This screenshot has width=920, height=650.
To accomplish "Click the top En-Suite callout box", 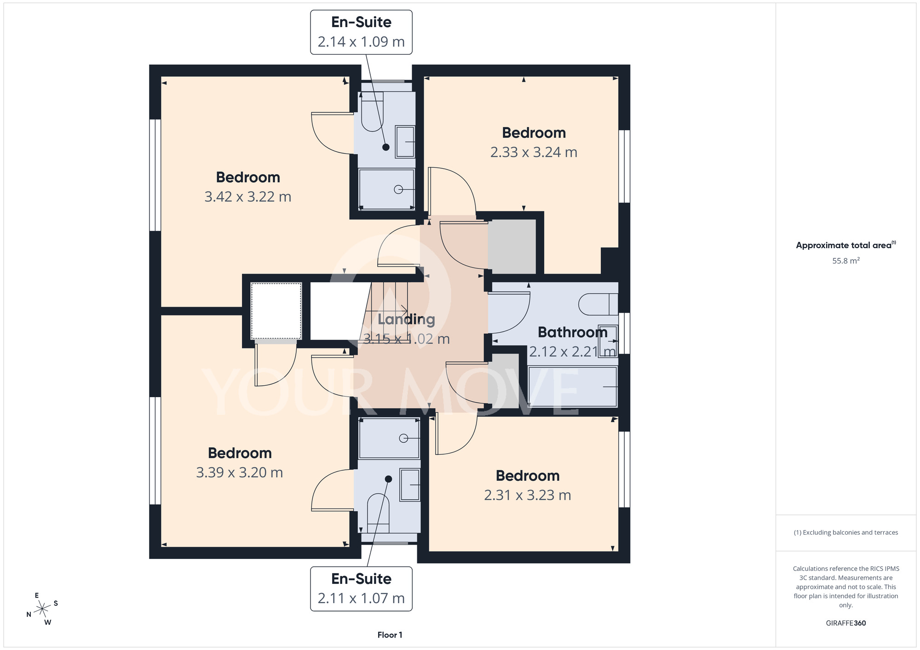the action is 361,32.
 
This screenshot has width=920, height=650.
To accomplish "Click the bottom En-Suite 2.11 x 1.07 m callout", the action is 361,589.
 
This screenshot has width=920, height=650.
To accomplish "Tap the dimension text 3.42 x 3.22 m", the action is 248,197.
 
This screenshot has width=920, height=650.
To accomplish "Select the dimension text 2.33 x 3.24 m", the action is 534,152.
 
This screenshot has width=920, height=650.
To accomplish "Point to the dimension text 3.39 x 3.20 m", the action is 240,473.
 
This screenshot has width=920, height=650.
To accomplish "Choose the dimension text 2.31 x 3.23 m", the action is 528,495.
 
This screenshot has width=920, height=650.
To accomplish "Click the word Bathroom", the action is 573,332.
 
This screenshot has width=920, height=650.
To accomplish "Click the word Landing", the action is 406,319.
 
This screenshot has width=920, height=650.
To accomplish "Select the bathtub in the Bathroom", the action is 573,387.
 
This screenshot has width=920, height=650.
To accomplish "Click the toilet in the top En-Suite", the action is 372,112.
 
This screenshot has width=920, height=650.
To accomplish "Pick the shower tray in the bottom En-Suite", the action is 389,439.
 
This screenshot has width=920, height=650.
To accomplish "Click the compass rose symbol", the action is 42,609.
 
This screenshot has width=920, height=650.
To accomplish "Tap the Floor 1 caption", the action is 390,635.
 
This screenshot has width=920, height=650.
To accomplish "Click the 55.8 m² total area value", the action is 846,261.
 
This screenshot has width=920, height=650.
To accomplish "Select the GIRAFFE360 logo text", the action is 846,623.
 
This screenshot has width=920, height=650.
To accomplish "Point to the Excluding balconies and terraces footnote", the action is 846,532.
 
